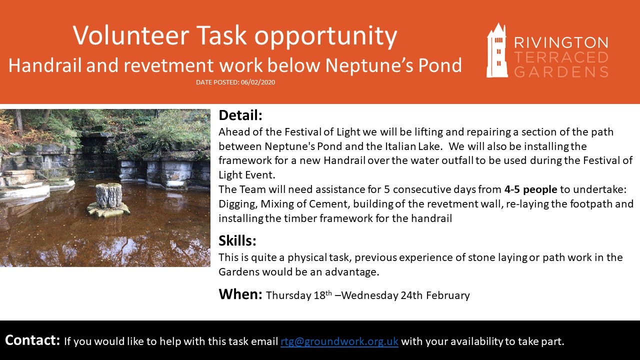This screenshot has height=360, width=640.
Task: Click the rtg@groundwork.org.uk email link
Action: click(339, 341)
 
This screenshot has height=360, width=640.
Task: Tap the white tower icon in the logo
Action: click(497, 50)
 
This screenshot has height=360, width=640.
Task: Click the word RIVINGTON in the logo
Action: click(561, 43)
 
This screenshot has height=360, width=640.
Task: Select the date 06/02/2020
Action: click(257, 82)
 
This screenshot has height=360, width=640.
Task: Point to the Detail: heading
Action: click(240, 115)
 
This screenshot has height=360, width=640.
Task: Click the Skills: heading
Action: click(237, 240)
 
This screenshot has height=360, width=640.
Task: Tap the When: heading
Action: click(240, 294)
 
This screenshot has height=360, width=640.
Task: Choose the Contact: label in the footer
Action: click(32, 340)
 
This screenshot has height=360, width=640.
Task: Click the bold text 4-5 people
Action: click(531, 189)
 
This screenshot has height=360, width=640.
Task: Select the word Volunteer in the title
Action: click(131, 35)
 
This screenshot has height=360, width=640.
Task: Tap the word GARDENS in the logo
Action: click(561, 71)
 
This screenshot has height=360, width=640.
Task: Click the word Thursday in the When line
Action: click(288, 295)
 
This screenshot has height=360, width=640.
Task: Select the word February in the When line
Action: click(448, 295)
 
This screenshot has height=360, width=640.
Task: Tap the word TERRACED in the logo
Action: click(561, 57)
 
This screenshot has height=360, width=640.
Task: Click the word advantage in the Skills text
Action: click(350, 272)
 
